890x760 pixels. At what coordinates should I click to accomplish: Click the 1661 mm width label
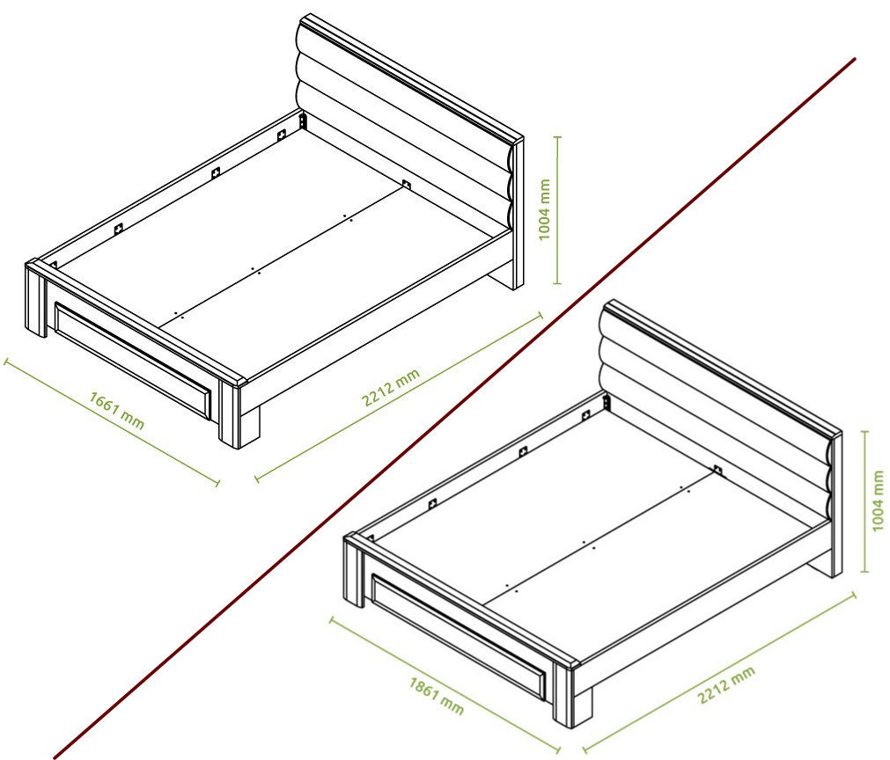tap(116, 410)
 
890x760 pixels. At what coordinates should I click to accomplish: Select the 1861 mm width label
tap(436, 695)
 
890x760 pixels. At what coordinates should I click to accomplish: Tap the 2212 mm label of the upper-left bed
tap(391, 387)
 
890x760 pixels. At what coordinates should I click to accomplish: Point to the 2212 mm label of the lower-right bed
tap(726, 684)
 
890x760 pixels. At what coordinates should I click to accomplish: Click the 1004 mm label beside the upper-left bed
tap(544, 210)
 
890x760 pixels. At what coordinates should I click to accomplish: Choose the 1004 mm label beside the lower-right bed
tap(878, 501)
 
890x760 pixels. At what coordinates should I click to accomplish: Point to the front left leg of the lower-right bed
tap(355, 569)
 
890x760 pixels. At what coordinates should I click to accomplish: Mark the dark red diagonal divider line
tap(454, 408)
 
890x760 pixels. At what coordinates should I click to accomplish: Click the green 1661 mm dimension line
tap(112, 422)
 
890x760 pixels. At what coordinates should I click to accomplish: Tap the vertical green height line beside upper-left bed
tap(557, 210)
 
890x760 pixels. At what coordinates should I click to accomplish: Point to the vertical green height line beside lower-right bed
tap(865, 501)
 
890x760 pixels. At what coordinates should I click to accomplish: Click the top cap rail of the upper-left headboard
tap(411, 79)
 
